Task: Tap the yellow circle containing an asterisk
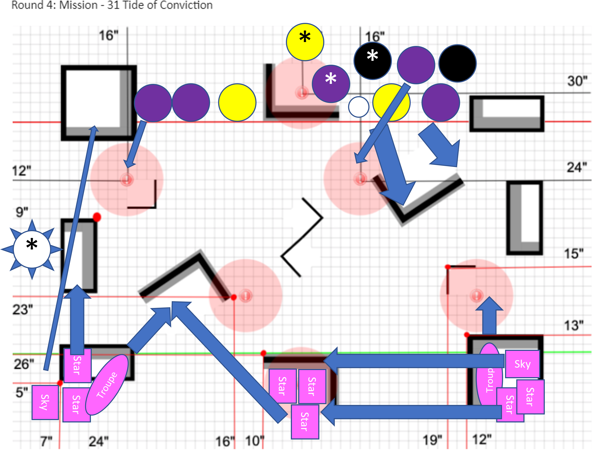(305, 42)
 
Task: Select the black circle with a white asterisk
(372, 61)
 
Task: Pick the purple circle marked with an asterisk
(331, 83)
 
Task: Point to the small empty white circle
(358, 107)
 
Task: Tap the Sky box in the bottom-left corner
(45, 402)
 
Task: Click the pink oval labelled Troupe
(107, 385)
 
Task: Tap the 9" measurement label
(22, 212)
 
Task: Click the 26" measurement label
(24, 364)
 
